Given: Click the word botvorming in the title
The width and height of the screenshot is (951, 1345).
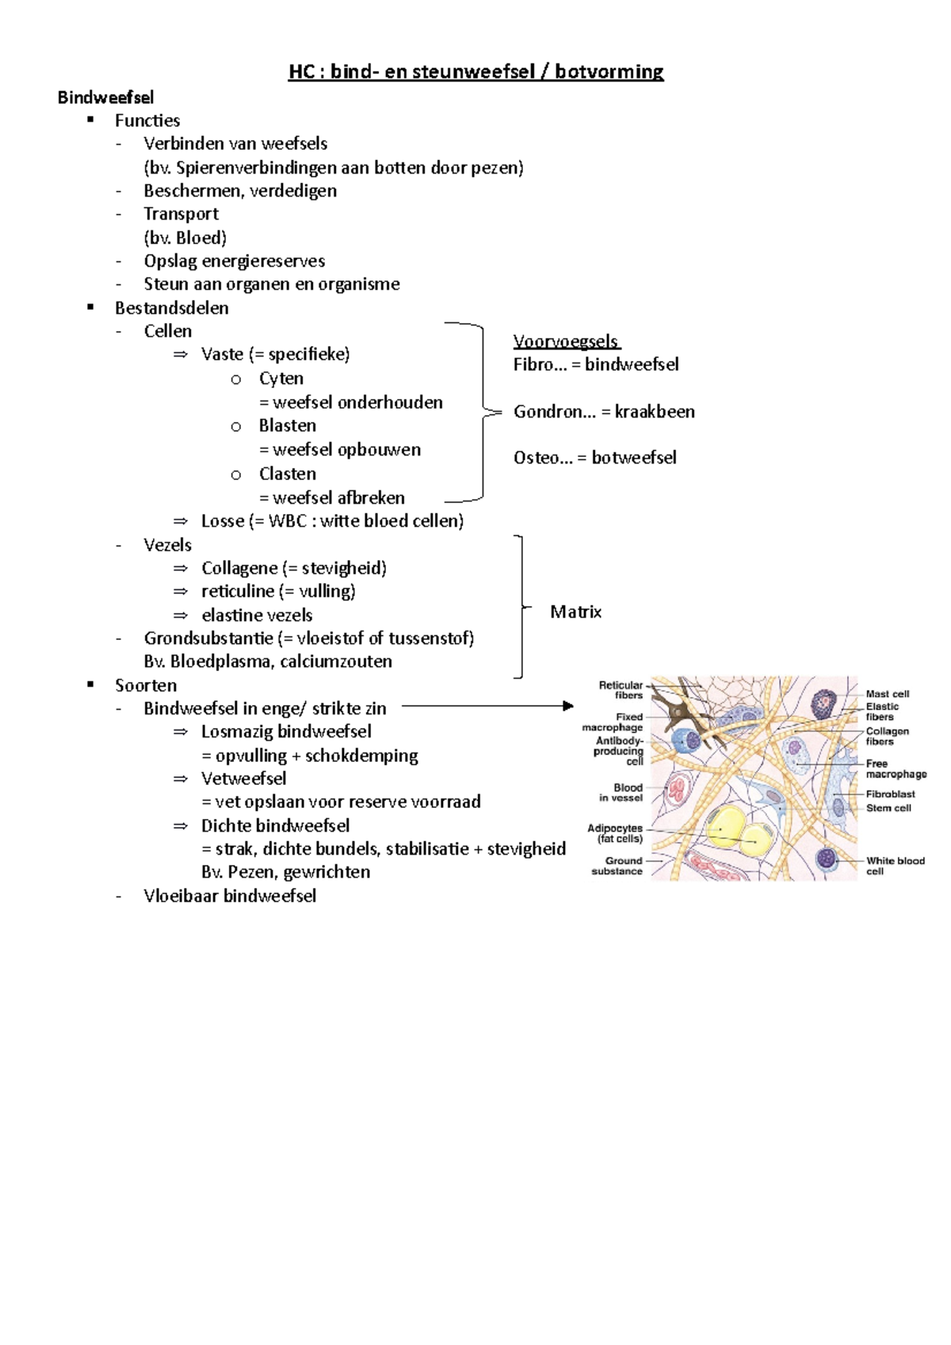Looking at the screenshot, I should point(609,72).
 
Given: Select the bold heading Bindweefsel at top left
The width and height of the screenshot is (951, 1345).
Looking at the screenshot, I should point(105,97).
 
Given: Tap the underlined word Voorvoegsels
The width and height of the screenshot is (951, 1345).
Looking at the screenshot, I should point(566,341).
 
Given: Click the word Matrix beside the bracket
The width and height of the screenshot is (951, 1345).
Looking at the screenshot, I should point(575,612).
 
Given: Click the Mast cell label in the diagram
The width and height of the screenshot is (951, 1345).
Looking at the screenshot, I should point(887,693).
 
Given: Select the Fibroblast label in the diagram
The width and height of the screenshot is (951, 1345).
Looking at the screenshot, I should point(890,794).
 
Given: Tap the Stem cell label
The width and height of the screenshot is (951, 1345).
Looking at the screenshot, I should point(888,808).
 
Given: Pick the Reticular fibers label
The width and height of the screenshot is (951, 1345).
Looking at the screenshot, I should point(621,690).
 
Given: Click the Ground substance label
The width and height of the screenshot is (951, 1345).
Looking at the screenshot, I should point(617,866).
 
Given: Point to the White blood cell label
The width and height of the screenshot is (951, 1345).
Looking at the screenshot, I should point(894,865).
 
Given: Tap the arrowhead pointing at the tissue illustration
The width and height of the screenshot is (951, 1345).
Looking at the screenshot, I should point(567,706).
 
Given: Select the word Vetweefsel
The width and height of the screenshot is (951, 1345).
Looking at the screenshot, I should point(243,779).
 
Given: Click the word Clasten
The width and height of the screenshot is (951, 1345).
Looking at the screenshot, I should point(287,474).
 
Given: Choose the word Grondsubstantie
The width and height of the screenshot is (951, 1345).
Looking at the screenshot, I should point(208,638).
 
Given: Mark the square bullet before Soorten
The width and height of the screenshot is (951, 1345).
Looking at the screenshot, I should point(91,684).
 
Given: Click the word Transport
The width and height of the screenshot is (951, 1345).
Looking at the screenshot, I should point(181,214).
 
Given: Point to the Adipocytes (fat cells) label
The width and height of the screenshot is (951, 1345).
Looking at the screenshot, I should point(615,833).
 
